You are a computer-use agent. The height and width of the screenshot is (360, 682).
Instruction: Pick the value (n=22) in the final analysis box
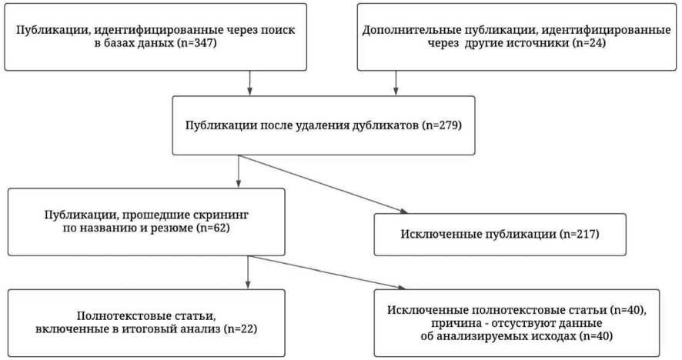point(235,330)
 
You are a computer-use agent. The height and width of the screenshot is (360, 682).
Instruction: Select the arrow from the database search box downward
point(249,83)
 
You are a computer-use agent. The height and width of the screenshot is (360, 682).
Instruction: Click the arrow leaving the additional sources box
point(396,83)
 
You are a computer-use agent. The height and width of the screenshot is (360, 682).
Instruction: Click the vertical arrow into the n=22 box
point(248,271)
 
